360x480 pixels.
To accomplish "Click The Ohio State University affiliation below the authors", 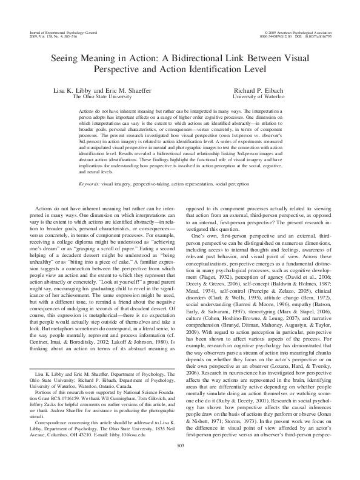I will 102,96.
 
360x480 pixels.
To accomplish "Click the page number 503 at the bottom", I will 179,464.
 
